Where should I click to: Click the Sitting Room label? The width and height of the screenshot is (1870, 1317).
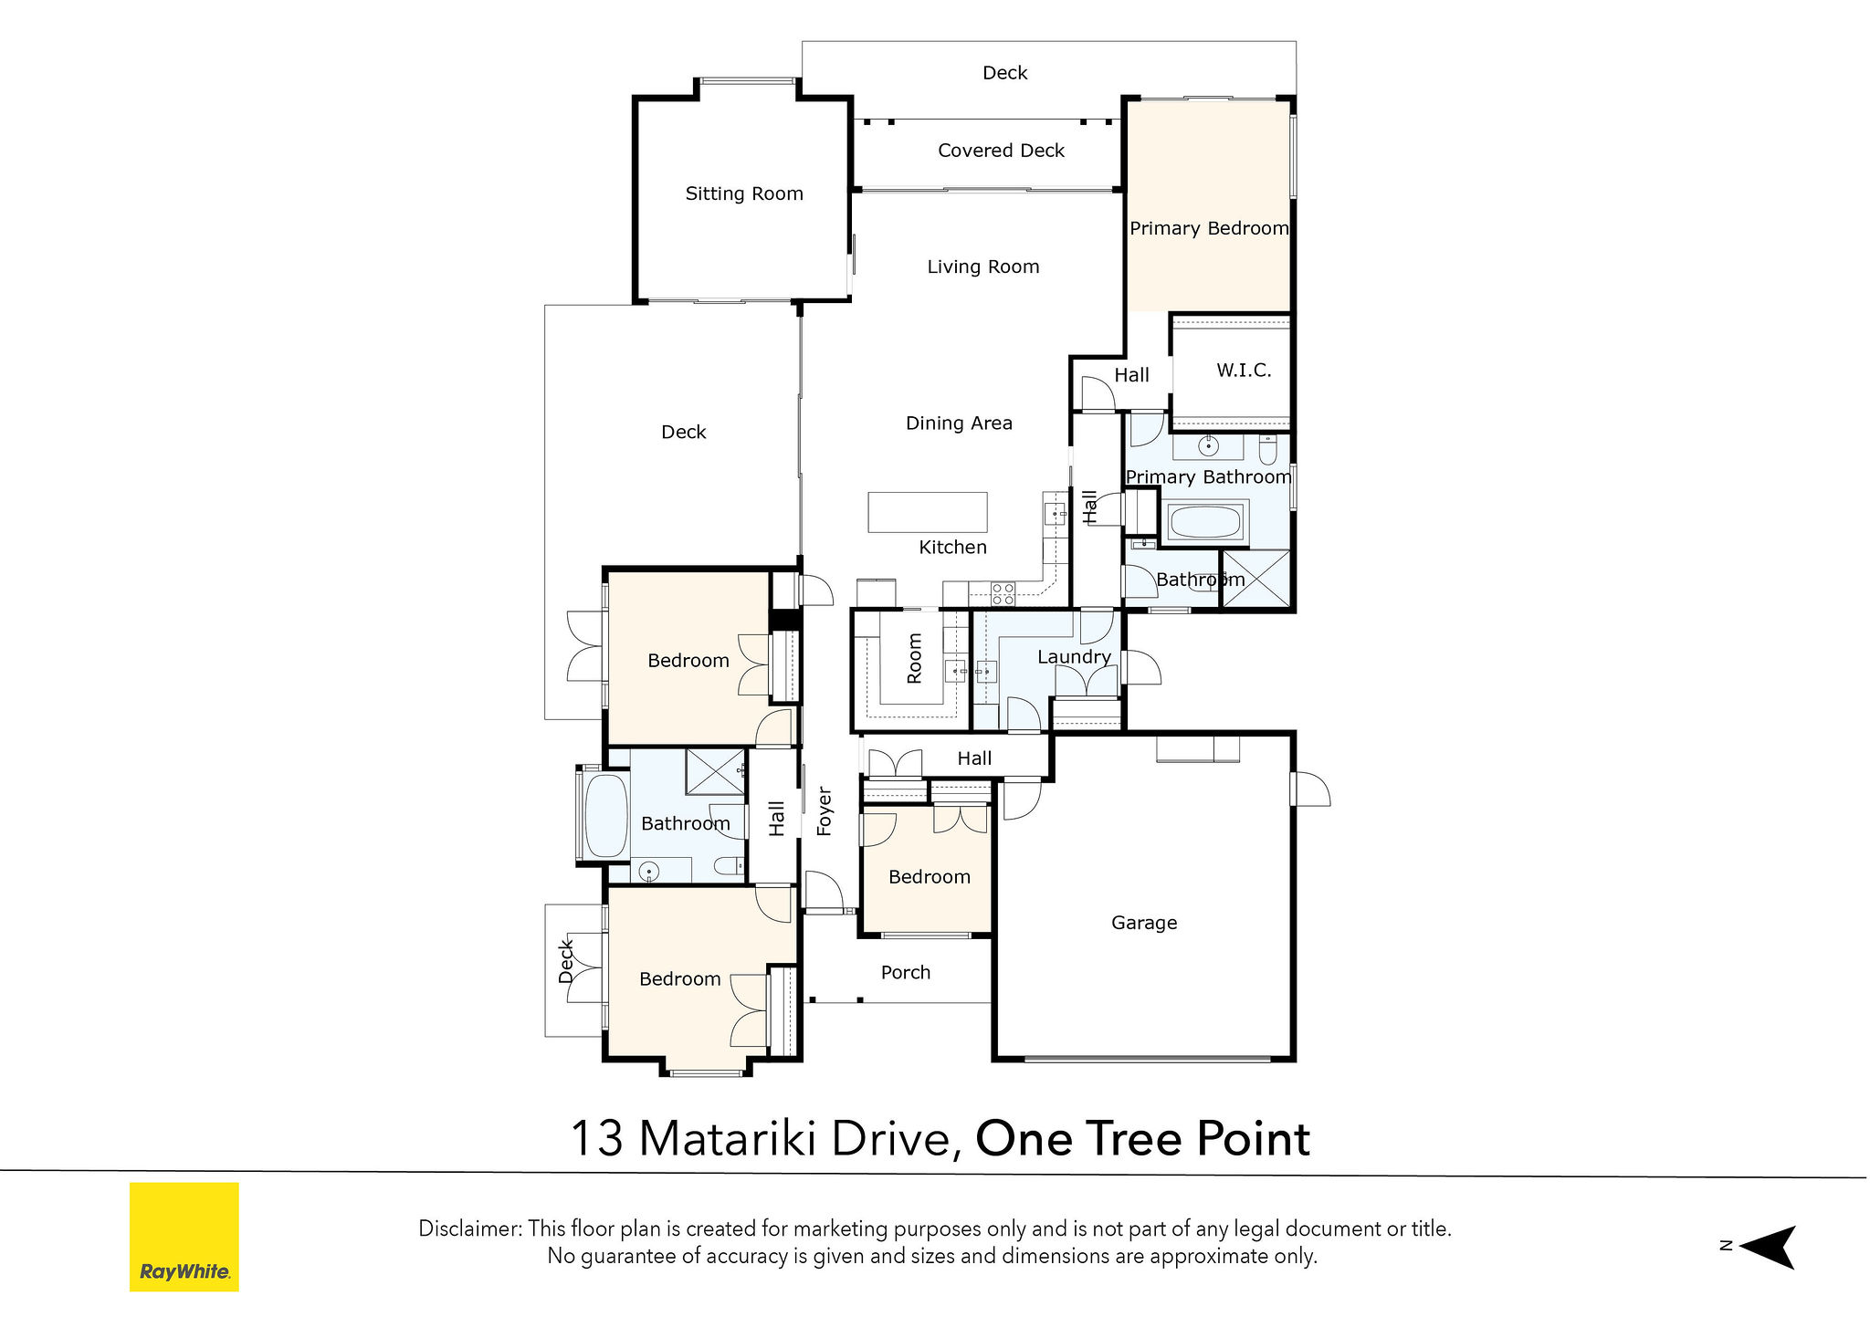[x=744, y=193]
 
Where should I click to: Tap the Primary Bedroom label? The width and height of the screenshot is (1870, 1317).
[x=1209, y=228]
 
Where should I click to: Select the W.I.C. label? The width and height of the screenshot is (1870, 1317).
[x=1244, y=371]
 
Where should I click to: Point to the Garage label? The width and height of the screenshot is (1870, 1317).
[x=1144, y=923]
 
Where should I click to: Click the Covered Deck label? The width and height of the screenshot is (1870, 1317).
[x=1001, y=151]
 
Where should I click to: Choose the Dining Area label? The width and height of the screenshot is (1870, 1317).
[x=959, y=423]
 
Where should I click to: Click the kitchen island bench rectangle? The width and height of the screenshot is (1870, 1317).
[x=927, y=512]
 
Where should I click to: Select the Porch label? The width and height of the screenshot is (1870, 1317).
[x=906, y=973]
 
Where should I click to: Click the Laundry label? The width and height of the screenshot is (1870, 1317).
[x=1074, y=657]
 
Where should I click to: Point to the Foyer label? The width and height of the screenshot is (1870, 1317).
[x=825, y=811]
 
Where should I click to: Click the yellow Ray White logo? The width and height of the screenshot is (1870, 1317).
[x=184, y=1237]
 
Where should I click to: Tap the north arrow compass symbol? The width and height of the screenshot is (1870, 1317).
[x=1767, y=1247]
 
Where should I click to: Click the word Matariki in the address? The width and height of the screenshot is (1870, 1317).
[x=726, y=1139]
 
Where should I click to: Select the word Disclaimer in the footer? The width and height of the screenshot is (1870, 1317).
[x=469, y=1228]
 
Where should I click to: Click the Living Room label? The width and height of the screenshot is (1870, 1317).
[x=983, y=267]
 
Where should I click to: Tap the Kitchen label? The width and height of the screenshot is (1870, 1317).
[x=952, y=548]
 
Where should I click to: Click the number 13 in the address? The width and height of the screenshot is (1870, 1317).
[x=598, y=1139]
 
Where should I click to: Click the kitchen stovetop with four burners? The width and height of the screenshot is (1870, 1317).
[x=1003, y=594]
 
